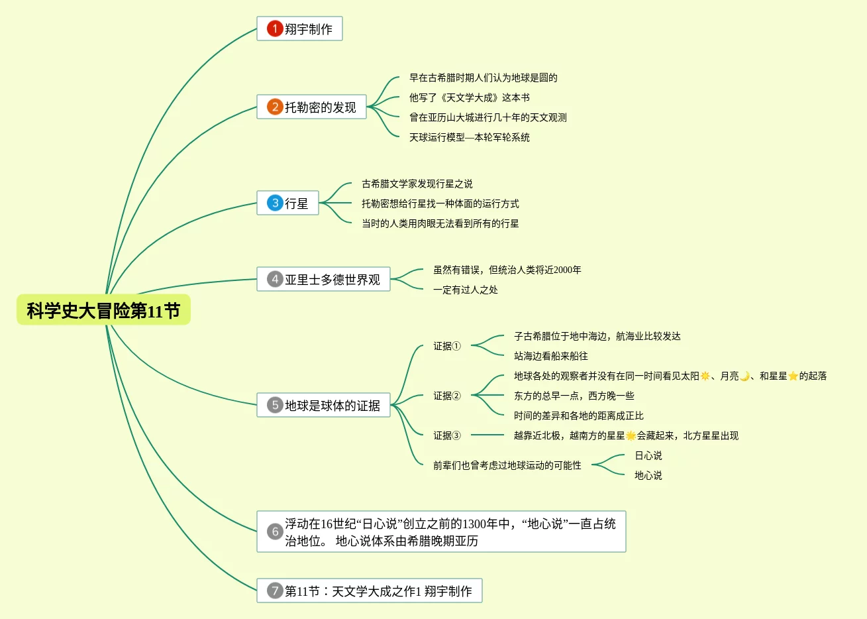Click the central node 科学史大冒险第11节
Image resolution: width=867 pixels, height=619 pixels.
tap(103, 310)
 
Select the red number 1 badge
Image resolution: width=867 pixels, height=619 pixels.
tap(275, 28)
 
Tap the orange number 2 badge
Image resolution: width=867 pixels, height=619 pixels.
tap(275, 107)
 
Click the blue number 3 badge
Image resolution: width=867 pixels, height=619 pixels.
tap(275, 203)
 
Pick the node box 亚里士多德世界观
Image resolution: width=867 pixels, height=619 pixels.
tap(323, 279)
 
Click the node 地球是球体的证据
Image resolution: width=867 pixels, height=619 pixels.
tap(323, 405)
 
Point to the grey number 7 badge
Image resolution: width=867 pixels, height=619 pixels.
tap(275, 591)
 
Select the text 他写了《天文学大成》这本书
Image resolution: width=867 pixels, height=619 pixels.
tap(469, 97)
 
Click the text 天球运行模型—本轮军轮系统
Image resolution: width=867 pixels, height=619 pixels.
tap(469, 137)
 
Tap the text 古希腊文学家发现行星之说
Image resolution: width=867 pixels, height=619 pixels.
tap(417, 184)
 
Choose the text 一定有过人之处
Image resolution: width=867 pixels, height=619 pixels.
tap(465, 290)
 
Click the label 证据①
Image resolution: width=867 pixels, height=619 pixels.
tap(446, 346)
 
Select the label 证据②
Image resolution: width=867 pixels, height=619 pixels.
tap(446, 396)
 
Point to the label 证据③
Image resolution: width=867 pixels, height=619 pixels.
tap(446, 435)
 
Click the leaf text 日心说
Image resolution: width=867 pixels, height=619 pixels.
tap(648, 455)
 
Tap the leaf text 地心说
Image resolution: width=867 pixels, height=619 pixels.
tap(648, 475)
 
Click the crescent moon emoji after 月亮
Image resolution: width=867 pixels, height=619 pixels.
tap(745, 376)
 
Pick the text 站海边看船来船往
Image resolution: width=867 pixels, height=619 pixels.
tap(550, 356)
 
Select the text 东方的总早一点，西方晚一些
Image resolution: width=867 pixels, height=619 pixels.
tap(574, 396)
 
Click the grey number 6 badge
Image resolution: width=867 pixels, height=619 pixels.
tap(275, 532)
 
